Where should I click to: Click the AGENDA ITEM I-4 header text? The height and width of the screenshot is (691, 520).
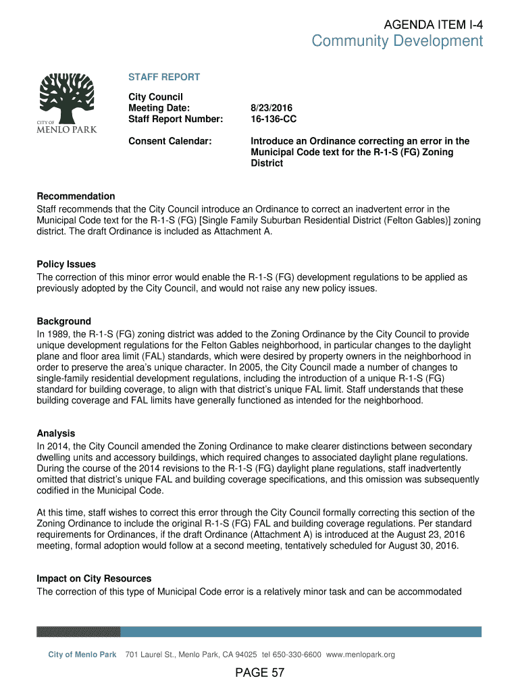click(433, 24)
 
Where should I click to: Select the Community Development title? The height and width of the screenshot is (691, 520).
click(397, 42)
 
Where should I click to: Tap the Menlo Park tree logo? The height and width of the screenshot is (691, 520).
click(66, 101)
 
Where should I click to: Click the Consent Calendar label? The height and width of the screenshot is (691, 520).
click(170, 141)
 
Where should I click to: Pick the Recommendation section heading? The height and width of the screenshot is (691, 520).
click(76, 196)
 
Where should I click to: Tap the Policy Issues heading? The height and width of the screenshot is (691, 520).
click(66, 265)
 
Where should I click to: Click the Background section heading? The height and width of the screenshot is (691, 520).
click(63, 321)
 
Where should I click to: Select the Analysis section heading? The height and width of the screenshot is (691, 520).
click(56, 433)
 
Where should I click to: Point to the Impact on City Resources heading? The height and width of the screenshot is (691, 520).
click(94, 579)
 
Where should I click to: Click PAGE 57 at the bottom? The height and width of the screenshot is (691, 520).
click(260, 673)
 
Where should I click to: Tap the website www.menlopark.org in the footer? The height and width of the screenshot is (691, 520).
click(361, 655)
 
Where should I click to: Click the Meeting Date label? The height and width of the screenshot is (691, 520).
click(159, 108)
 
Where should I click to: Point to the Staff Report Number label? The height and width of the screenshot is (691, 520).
click(176, 119)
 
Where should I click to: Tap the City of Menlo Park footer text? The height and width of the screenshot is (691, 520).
click(82, 655)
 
